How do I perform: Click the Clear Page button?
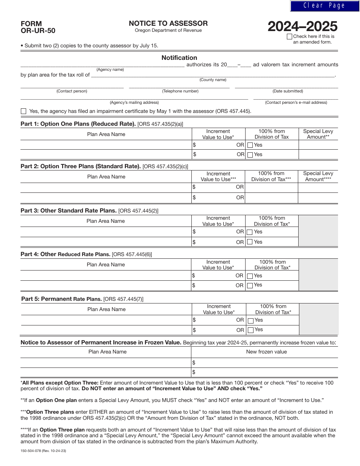(324, 6)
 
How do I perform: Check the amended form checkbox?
(290, 37)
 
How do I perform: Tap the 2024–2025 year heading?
(302, 27)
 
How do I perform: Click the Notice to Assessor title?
(168, 23)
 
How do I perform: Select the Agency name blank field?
(102, 65)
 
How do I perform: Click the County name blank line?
(213, 75)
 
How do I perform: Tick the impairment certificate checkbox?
(23, 111)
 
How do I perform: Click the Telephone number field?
(180, 86)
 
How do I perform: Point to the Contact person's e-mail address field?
(296, 97)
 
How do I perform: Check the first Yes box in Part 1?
(250, 145)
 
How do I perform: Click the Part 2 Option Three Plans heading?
(80, 166)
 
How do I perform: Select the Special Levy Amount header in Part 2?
(318, 176)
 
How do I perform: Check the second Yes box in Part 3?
(250, 242)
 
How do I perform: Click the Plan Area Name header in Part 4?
(106, 264)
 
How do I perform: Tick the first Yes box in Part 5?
(250, 321)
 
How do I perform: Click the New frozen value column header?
(266, 352)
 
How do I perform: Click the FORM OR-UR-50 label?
(38, 27)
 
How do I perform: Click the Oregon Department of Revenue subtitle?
(168, 31)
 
